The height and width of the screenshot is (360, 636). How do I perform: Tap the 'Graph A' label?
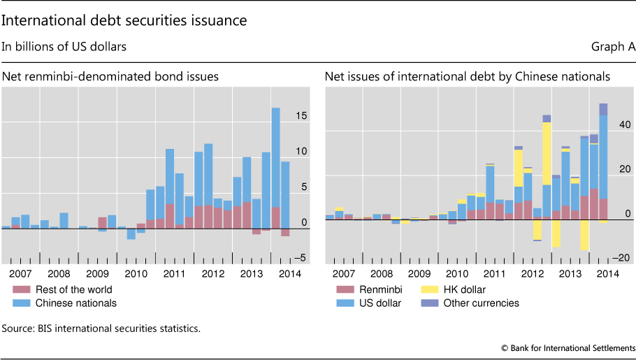(613, 48)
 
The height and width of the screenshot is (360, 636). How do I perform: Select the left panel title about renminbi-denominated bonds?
(110, 76)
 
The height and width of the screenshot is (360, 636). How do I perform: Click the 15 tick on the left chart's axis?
(301, 116)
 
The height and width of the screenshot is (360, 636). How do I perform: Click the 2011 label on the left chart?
(174, 273)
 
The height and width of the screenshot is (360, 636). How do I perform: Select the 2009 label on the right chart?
(419, 273)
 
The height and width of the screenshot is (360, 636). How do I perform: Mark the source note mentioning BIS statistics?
(101, 327)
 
